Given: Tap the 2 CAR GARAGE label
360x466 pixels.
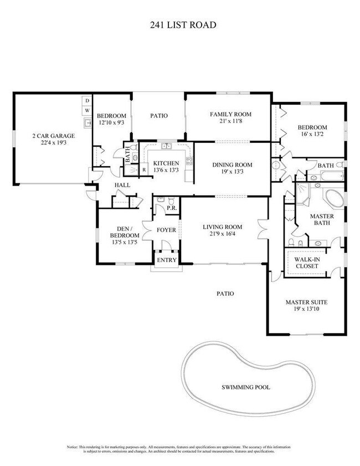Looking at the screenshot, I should click(x=53, y=136).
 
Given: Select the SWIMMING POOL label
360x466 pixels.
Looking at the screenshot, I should click(x=245, y=387).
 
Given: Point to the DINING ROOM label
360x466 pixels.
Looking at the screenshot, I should click(x=233, y=165).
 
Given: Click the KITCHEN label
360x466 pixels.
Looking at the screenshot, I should click(x=166, y=163).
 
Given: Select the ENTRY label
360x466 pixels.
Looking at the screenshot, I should click(x=167, y=260).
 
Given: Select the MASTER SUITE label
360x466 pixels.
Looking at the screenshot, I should click(x=306, y=303).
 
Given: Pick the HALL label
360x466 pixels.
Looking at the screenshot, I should click(x=122, y=185).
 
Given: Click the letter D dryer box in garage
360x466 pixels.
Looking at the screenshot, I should click(x=87, y=101).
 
